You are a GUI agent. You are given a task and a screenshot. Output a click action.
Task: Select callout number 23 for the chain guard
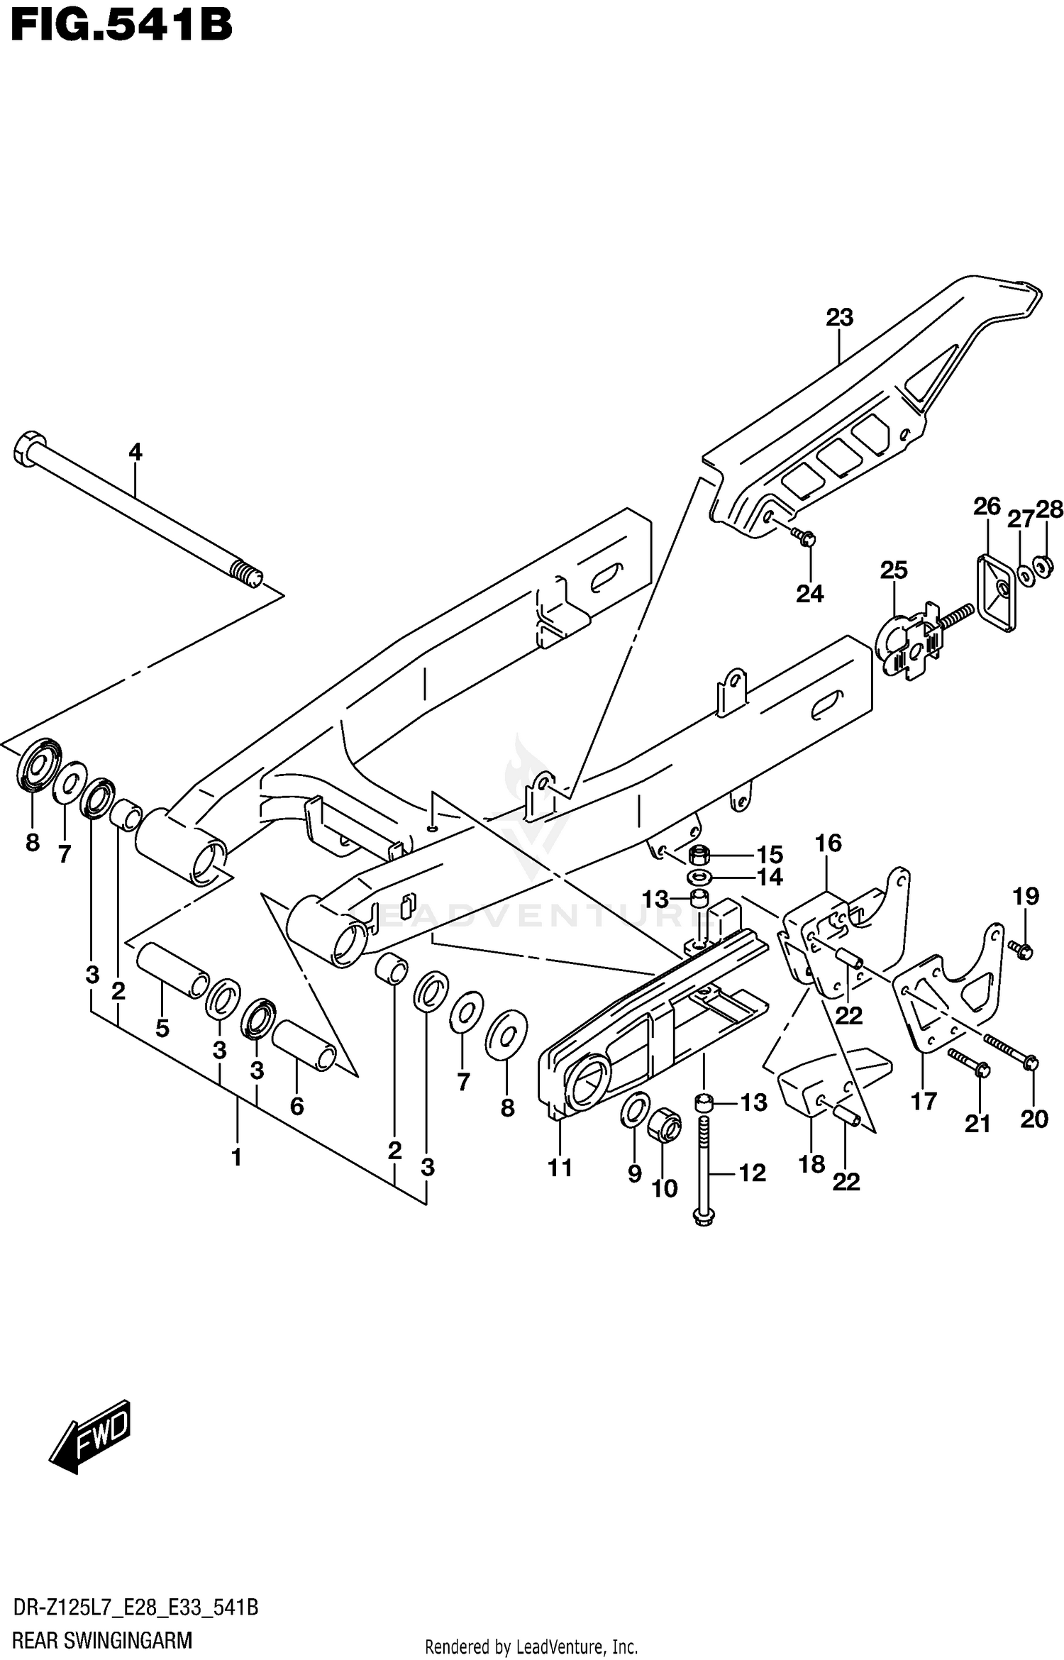pyautogui.click(x=839, y=317)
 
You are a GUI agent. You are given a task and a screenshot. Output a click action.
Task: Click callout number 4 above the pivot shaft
pyautogui.click(x=135, y=451)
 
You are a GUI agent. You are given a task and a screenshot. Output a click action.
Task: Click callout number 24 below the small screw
pyautogui.click(x=809, y=593)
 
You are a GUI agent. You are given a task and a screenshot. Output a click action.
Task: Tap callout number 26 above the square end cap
pyautogui.click(x=986, y=507)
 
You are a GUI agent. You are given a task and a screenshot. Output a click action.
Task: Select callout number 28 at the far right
pyautogui.click(x=1050, y=509)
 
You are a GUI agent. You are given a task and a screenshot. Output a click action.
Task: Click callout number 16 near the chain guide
pyautogui.click(x=828, y=843)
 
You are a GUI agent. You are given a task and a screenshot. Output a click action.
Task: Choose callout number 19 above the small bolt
pyautogui.click(x=1026, y=896)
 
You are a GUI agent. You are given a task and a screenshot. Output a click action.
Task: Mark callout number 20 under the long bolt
pyautogui.click(x=1033, y=1119)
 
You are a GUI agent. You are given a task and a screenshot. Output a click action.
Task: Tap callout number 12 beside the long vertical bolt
pyautogui.click(x=752, y=1173)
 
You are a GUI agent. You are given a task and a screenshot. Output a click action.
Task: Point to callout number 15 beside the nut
pyautogui.click(x=769, y=854)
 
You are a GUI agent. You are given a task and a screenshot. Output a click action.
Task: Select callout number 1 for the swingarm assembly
pyautogui.click(x=236, y=1157)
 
